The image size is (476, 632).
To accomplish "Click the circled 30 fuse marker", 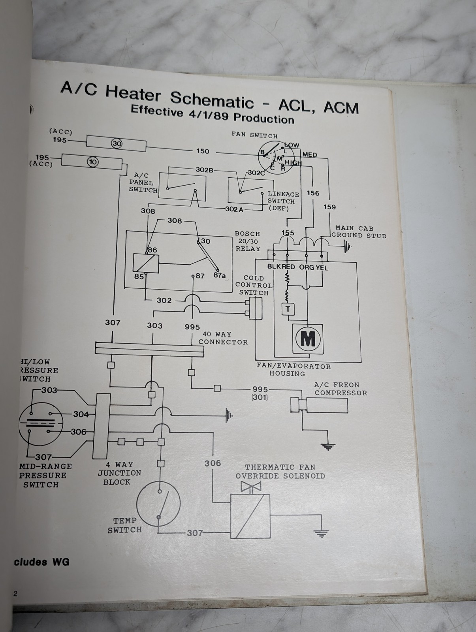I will (117, 144).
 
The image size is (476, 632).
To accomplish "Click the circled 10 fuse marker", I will (93, 162).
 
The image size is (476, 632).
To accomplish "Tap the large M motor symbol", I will (308, 339).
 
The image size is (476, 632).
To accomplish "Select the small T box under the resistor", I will (288, 309).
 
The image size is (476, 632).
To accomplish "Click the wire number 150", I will (202, 151).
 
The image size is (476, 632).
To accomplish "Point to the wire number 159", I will (329, 207).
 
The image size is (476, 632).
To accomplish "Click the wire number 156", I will (313, 193).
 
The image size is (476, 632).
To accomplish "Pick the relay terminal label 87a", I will (219, 275).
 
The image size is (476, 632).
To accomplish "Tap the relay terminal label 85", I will (139, 276).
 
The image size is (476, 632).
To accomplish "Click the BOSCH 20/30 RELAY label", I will (248, 241).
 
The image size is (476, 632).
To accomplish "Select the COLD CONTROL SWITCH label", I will (254, 285).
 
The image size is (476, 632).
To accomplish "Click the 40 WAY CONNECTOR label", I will (223, 338).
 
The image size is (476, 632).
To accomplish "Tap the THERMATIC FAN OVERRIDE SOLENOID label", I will (280, 472).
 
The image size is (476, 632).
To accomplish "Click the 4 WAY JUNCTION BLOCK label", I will (119, 473).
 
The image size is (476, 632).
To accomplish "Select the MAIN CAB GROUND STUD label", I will (359, 232).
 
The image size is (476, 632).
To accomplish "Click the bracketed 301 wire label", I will (260, 397).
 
